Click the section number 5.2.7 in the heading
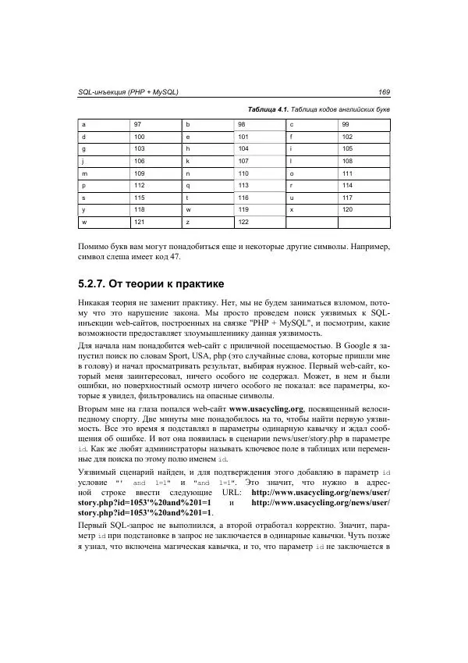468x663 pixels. (97, 282)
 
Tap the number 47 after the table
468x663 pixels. (175, 256)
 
